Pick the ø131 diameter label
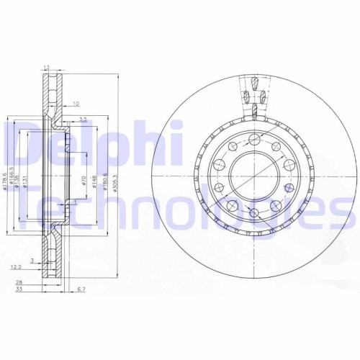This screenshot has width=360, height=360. coord(25,181)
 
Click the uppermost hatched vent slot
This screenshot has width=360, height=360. coord(253,86)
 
